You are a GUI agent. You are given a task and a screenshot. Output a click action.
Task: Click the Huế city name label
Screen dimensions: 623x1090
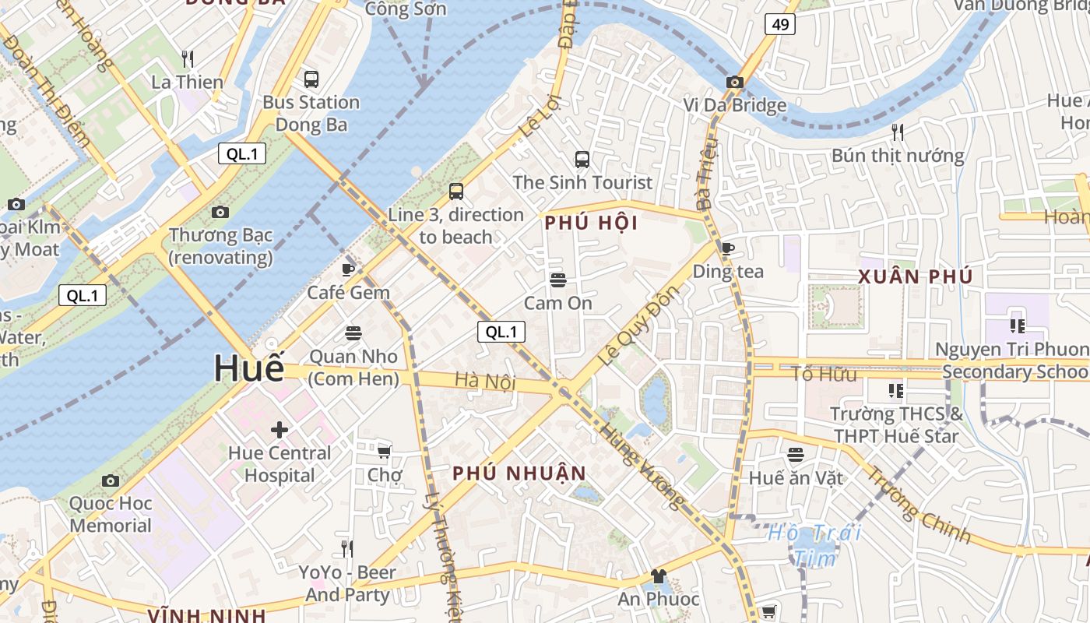click(x=249, y=368)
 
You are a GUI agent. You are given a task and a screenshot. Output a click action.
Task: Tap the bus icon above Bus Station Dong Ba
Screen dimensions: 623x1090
click(x=311, y=79)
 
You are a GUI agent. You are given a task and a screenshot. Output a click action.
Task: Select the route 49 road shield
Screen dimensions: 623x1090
click(x=780, y=24)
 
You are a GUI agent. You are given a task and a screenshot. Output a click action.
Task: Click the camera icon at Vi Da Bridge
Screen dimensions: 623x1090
click(x=734, y=82)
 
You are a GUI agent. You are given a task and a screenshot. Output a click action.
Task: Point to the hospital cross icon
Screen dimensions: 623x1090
click(x=280, y=429)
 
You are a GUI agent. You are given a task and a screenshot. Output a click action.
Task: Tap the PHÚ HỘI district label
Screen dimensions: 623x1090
click(x=591, y=224)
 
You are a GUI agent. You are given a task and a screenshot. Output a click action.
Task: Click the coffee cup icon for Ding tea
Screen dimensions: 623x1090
click(x=727, y=248)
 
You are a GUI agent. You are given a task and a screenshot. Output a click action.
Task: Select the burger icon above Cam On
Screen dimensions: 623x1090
click(x=557, y=280)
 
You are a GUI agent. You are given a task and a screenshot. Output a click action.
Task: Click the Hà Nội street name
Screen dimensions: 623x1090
click(x=486, y=381)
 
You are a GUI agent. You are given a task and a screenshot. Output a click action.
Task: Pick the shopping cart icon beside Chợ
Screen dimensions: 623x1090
click(x=384, y=451)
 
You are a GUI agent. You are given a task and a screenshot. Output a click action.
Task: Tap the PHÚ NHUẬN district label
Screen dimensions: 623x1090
click(x=519, y=473)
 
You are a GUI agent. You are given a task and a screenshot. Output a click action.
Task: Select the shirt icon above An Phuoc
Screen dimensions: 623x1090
click(x=658, y=576)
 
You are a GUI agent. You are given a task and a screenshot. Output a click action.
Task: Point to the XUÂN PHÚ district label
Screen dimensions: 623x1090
click(x=915, y=276)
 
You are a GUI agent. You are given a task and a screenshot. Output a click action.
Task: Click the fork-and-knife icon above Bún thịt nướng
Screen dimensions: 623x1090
click(x=898, y=132)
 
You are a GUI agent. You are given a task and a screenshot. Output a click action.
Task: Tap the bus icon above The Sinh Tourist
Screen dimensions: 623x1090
click(x=582, y=160)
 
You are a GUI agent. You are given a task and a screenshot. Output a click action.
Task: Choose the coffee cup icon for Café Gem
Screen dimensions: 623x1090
click(x=348, y=269)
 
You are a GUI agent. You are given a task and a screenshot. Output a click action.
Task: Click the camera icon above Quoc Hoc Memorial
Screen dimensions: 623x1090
click(x=111, y=480)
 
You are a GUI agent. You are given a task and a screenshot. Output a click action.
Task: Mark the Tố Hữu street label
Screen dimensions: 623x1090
click(x=824, y=374)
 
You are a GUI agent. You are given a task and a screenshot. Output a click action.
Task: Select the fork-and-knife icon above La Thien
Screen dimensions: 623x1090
click(x=187, y=58)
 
